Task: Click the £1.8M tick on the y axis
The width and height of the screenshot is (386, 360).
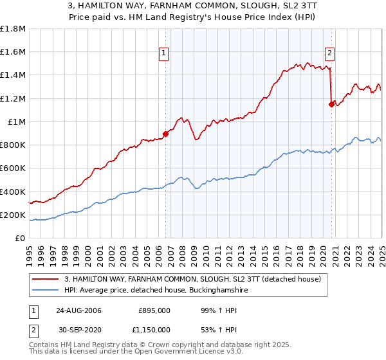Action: [13, 29]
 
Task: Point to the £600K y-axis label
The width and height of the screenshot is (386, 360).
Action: [13, 168]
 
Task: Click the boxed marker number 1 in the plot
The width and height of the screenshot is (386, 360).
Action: [165, 53]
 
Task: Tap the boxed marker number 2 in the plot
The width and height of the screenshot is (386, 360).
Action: [329, 53]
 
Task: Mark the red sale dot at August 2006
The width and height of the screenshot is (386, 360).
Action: [165, 134]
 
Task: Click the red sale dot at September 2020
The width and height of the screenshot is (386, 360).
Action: [331, 104]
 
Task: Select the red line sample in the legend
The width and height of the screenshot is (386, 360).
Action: [45, 278]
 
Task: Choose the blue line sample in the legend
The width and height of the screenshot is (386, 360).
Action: [45, 291]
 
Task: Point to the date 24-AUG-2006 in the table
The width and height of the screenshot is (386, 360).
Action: [78, 310]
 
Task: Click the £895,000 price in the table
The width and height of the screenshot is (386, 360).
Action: [154, 310]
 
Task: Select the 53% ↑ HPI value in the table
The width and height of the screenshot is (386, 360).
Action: [210, 330]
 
